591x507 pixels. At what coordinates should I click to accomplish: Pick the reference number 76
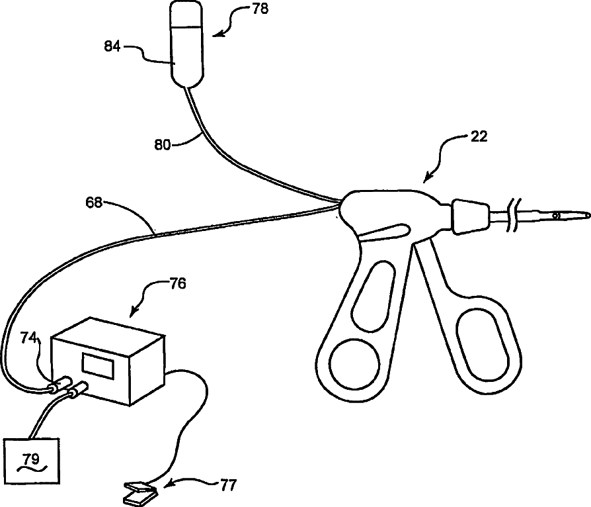pyautogui.click(x=178, y=284)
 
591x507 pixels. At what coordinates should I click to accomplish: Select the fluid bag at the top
pyautogui.click(x=188, y=43)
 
